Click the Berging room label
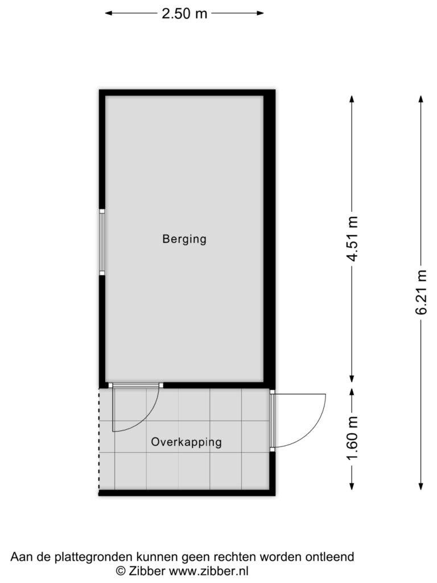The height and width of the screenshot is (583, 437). [184, 239]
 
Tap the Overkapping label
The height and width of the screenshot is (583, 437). [186, 442]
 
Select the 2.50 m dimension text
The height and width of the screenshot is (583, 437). [184, 14]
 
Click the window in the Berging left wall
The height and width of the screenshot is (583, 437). [102, 242]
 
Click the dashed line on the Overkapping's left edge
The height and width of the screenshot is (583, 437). [99, 440]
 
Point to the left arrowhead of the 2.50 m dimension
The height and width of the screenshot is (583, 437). [109, 14]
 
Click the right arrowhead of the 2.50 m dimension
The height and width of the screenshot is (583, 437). [260, 14]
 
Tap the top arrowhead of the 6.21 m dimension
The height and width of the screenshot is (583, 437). [421, 99]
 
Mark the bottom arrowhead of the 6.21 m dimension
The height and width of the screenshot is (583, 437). [421, 486]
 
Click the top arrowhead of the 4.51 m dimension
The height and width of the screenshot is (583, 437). [352, 99]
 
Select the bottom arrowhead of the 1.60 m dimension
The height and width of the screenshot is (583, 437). [352, 486]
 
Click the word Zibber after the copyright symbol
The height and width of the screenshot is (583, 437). [147, 570]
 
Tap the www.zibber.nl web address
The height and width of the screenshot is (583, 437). [209, 570]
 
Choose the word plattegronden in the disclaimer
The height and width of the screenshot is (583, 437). [94, 557]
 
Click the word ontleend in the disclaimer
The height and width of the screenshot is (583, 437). [329, 557]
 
